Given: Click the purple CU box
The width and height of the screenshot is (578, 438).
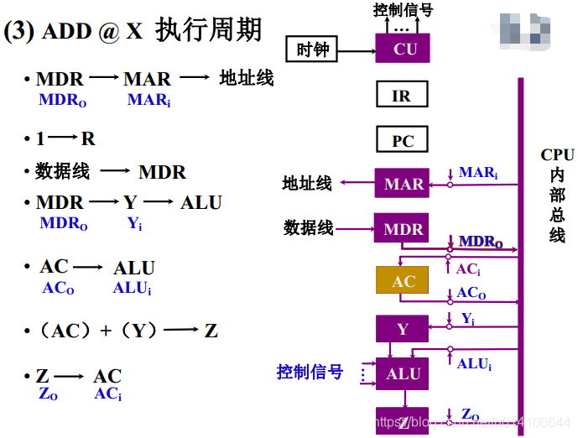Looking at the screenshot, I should pos(404,50).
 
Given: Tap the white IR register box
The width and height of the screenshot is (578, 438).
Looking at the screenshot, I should pos(402,96).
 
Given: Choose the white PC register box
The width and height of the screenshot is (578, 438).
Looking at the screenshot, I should pos(403,140).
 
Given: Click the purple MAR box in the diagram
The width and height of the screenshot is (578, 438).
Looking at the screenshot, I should pos(403,184).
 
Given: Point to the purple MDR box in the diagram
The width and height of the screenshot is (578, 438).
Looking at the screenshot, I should pos(403,229).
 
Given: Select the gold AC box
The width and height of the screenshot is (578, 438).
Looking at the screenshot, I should pos(403,281).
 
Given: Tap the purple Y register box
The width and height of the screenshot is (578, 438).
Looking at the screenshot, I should pos(403,329).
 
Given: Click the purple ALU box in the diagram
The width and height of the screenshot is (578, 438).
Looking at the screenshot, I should pos(403,374).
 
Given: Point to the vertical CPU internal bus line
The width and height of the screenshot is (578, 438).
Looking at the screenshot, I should pos(521,252).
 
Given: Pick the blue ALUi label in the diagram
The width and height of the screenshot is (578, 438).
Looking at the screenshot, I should pos(474,363).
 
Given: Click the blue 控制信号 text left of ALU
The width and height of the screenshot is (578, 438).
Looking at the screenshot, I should pos(310,371).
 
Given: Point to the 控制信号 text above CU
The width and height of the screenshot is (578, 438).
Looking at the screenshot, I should pos(403,10).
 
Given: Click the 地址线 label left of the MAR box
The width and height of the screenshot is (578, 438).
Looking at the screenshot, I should pos(307,183).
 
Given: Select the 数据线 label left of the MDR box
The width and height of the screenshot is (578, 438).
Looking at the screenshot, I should pos(309,227).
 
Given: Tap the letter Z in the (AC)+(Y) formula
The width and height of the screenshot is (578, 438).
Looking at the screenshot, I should pos(211,331).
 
